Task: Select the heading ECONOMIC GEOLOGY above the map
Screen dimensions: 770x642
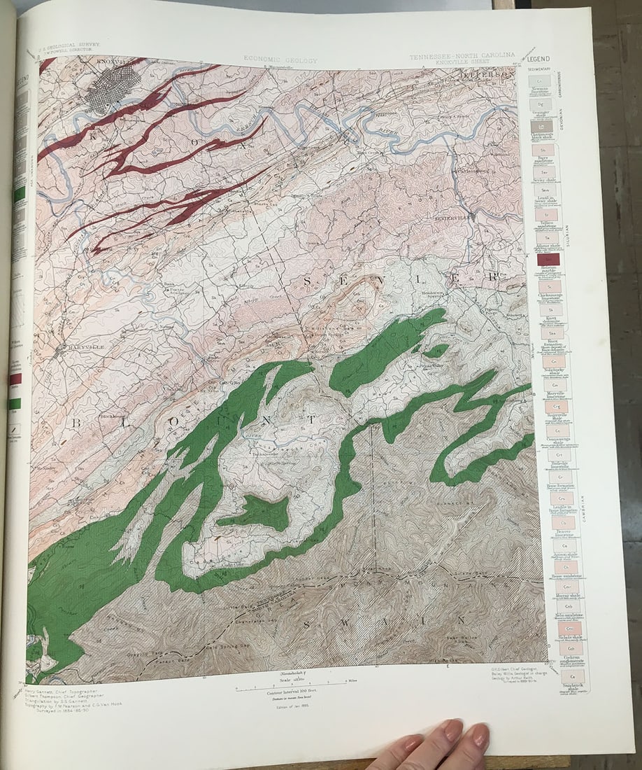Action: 280,61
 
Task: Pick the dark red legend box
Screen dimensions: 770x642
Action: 547,260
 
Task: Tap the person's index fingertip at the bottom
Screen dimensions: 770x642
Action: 450,731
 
